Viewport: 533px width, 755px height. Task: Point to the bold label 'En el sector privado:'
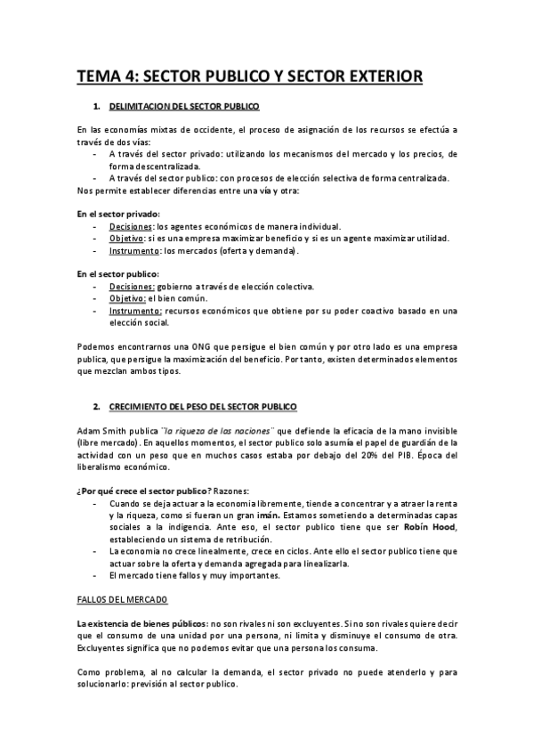tap(118, 214)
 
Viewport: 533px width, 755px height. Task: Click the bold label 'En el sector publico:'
tap(118, 274)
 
